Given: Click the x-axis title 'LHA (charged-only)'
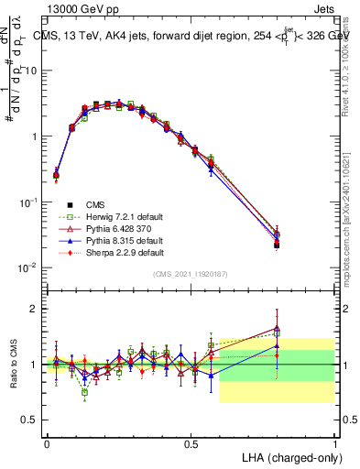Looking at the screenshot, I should (x=287, y=456).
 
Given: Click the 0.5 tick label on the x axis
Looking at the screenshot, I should (x=191, y=443).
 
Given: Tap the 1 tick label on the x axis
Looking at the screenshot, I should (x=334, y=443).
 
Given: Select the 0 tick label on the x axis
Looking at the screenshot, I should (x=47, y=443).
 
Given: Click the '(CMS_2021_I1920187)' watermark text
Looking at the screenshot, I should (x=191, y=274).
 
